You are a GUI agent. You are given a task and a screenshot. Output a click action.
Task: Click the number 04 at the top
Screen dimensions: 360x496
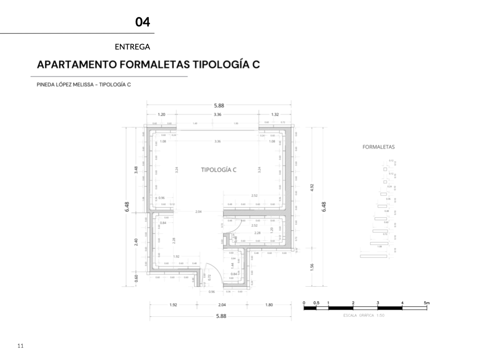click(142, 22)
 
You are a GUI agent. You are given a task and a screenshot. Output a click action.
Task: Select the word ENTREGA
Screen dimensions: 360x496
click(132, 47)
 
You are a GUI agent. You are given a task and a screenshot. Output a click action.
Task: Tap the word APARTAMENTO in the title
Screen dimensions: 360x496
click(77, 64)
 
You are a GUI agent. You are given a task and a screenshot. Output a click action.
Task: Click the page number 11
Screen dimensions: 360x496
click(20, 346)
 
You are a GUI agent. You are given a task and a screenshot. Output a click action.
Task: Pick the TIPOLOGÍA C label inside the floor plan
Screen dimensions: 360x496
click(218, 170)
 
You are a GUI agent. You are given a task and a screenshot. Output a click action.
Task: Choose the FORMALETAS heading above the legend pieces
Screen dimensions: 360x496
click(379, 147)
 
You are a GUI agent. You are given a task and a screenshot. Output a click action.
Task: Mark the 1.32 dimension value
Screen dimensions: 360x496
click(275, 114)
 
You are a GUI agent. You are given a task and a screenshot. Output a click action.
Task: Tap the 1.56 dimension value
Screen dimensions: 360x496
click(312, 267)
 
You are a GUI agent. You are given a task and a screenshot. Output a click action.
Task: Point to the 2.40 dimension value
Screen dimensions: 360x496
click(136, 243)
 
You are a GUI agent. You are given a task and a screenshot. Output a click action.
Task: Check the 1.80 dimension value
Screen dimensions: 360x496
click(269, 305)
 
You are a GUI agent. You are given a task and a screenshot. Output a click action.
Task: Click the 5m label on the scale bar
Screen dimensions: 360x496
click(426, 303)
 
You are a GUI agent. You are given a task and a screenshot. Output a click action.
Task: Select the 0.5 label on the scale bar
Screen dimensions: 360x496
click(316, 303)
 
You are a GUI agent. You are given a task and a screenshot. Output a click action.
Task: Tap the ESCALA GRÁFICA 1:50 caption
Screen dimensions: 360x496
click(364, 315)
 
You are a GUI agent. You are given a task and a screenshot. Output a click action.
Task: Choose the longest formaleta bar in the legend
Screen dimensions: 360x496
click(373, 256)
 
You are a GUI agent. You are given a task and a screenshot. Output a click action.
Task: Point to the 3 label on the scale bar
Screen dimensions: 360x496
click(378, 303)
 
